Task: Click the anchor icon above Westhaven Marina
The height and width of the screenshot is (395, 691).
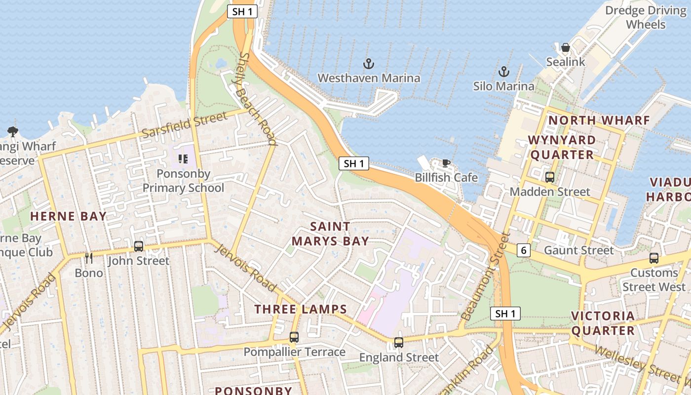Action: point(368,64)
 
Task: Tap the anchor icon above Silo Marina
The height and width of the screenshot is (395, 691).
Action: point(503,72)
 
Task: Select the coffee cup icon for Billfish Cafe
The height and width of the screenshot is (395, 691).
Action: point(446,163)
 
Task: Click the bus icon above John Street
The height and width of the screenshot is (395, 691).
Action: point(139,246)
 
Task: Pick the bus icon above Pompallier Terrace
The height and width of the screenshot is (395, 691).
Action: point(294,337)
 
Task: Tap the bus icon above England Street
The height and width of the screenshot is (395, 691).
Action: point(398,342)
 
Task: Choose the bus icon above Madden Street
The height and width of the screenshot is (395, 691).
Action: point(549,177)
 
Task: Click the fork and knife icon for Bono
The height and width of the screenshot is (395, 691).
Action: point(89,258)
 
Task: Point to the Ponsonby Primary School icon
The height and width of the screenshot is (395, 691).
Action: point(183,159)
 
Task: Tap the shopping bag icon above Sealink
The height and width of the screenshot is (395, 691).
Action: point(566,47)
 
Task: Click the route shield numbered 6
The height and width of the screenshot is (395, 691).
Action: point(524,251)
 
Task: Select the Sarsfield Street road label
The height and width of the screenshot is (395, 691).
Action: point(185,125)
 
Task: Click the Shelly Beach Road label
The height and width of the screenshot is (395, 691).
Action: point(257,99)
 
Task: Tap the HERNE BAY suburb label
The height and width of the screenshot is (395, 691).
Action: point(68,216)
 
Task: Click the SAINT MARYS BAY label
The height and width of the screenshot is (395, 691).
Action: point(330,234)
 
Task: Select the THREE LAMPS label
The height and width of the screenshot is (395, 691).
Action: point(301,310)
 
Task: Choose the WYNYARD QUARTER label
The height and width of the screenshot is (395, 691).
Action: point(562,147)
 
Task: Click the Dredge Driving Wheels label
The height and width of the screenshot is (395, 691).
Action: point(646,17)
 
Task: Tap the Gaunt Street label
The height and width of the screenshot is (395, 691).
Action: point(578,250)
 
